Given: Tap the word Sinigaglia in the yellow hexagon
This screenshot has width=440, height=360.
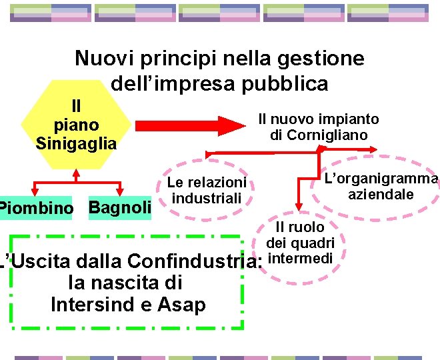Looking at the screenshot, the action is pyautogui.click(x=76, y=143).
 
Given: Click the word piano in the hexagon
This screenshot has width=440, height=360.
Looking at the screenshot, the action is pyautogui.click(x=76, y=125).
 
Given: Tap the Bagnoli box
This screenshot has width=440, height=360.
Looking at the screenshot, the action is pyautogui.click(x=120, y=207).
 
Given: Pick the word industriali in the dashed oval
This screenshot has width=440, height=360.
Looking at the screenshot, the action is pyautogui.click(x=207, y=198).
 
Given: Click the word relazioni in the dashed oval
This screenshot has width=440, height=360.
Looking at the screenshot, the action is pyautogui.click(x=217, y=183).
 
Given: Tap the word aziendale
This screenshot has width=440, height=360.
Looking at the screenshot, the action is pyautogui.click(x=381, y=194).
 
